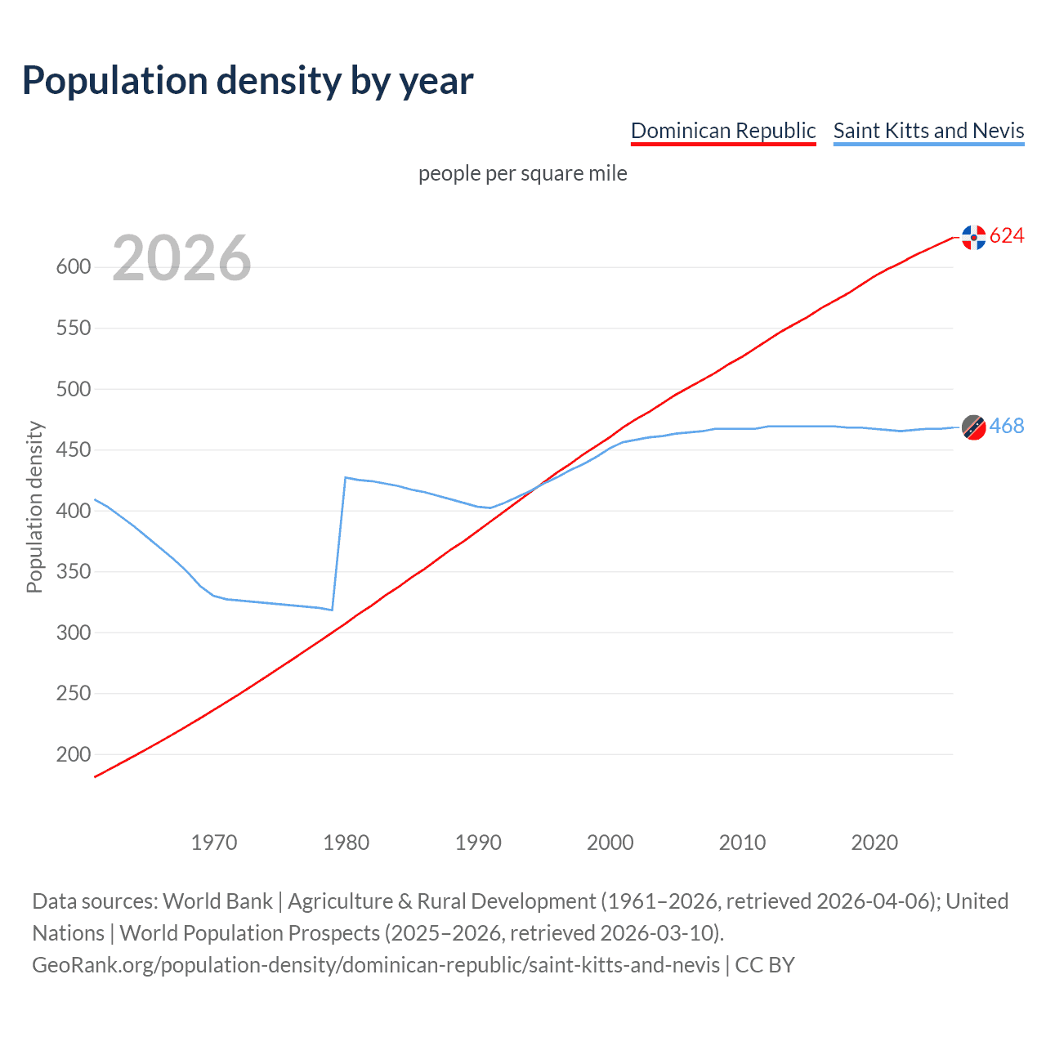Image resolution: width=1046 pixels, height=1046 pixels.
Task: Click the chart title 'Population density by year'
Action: [x=248, y=81]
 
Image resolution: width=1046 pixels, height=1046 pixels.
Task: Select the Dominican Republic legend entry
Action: [x=723, y=131]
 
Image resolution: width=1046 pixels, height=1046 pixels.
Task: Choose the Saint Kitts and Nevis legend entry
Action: [x=928, y=131]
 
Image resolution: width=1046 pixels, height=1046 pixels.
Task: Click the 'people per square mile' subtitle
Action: [x=522, y=174]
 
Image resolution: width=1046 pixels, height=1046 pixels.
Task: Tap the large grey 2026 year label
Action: [x=181, y=258]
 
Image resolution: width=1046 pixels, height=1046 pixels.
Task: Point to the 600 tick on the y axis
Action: [x=73, y=267]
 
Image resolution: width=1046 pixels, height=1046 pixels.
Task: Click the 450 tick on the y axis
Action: [x=73, y=450]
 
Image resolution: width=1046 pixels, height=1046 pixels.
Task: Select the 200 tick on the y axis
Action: [x=73, y=754]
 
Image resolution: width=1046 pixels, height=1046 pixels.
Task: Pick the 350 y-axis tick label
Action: [x=73, y=572]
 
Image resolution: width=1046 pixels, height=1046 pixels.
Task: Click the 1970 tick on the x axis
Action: [x=214, y=843]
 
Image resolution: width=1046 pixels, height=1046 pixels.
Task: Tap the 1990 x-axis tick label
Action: [x=478, y=843]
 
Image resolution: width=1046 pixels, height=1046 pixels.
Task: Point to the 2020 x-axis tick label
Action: [x=874, y=843]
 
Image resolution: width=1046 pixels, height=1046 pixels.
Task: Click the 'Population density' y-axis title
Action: [x=34, y=507]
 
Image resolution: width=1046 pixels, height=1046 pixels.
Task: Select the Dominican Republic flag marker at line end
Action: [x=973, y=237]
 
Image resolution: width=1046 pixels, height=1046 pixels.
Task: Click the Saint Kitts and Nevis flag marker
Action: [x=973, y=427]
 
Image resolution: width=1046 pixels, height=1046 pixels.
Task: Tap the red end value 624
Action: [x=1007, y=236]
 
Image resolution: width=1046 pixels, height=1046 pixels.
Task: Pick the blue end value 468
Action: [x=1007, y=427]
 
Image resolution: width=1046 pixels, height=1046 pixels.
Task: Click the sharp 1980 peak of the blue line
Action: [x=346, y=477]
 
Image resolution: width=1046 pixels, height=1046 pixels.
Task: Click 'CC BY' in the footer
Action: [x=765, y=965]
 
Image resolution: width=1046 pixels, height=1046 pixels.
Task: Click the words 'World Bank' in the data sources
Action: [x=217, y=901]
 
